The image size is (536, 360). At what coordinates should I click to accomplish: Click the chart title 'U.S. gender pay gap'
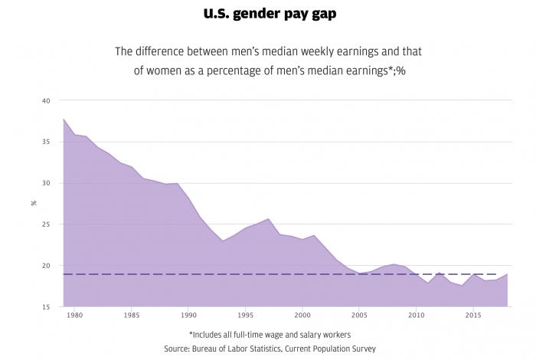[267, 14]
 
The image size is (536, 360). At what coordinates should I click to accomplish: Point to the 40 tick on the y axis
[46, 101]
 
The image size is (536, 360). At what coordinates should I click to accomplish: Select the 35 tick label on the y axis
[46, 142]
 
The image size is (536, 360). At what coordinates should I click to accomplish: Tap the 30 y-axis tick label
[46, 184]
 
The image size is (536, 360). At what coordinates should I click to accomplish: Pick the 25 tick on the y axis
[46, 225]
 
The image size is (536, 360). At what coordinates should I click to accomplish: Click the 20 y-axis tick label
[46, 267]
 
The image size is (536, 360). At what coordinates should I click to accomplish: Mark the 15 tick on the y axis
[46, 307]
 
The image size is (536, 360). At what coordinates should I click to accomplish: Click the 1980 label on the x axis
[74, 316]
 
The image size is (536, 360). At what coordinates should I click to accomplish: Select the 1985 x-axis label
[132, 316]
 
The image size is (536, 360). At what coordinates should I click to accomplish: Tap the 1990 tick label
[189, 316]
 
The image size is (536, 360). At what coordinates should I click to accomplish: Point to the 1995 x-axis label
[247, 316]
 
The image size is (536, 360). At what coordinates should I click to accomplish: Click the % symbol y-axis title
[34, 203]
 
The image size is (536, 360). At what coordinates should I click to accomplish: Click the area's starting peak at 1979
[63, 119]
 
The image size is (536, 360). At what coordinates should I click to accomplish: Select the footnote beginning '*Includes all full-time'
[267, 335]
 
